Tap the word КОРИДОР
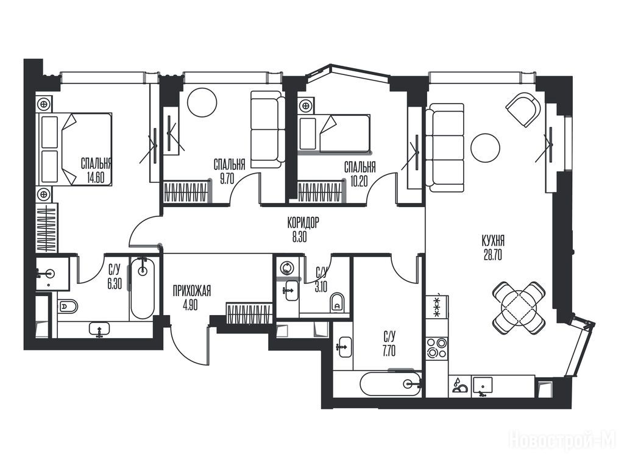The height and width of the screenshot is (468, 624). (x=303, y=223)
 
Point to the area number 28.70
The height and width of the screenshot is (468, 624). (x=492, y=255)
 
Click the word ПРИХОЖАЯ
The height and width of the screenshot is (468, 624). (x=192, y=291)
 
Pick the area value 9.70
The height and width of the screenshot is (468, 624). (x=227, y=179)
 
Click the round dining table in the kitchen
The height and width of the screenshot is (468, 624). (x=519, y=307)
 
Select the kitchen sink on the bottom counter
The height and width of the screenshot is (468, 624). (x=483, y=385)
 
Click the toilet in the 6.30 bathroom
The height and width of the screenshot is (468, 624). (x=68, y=307)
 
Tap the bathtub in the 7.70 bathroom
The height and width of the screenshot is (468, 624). (x=391, y=384)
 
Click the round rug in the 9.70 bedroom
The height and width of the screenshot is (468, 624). (x=202, y=102)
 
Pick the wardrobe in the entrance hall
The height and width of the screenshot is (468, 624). (x=249, y=314)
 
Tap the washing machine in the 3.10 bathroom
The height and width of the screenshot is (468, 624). (x=287, y=267)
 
